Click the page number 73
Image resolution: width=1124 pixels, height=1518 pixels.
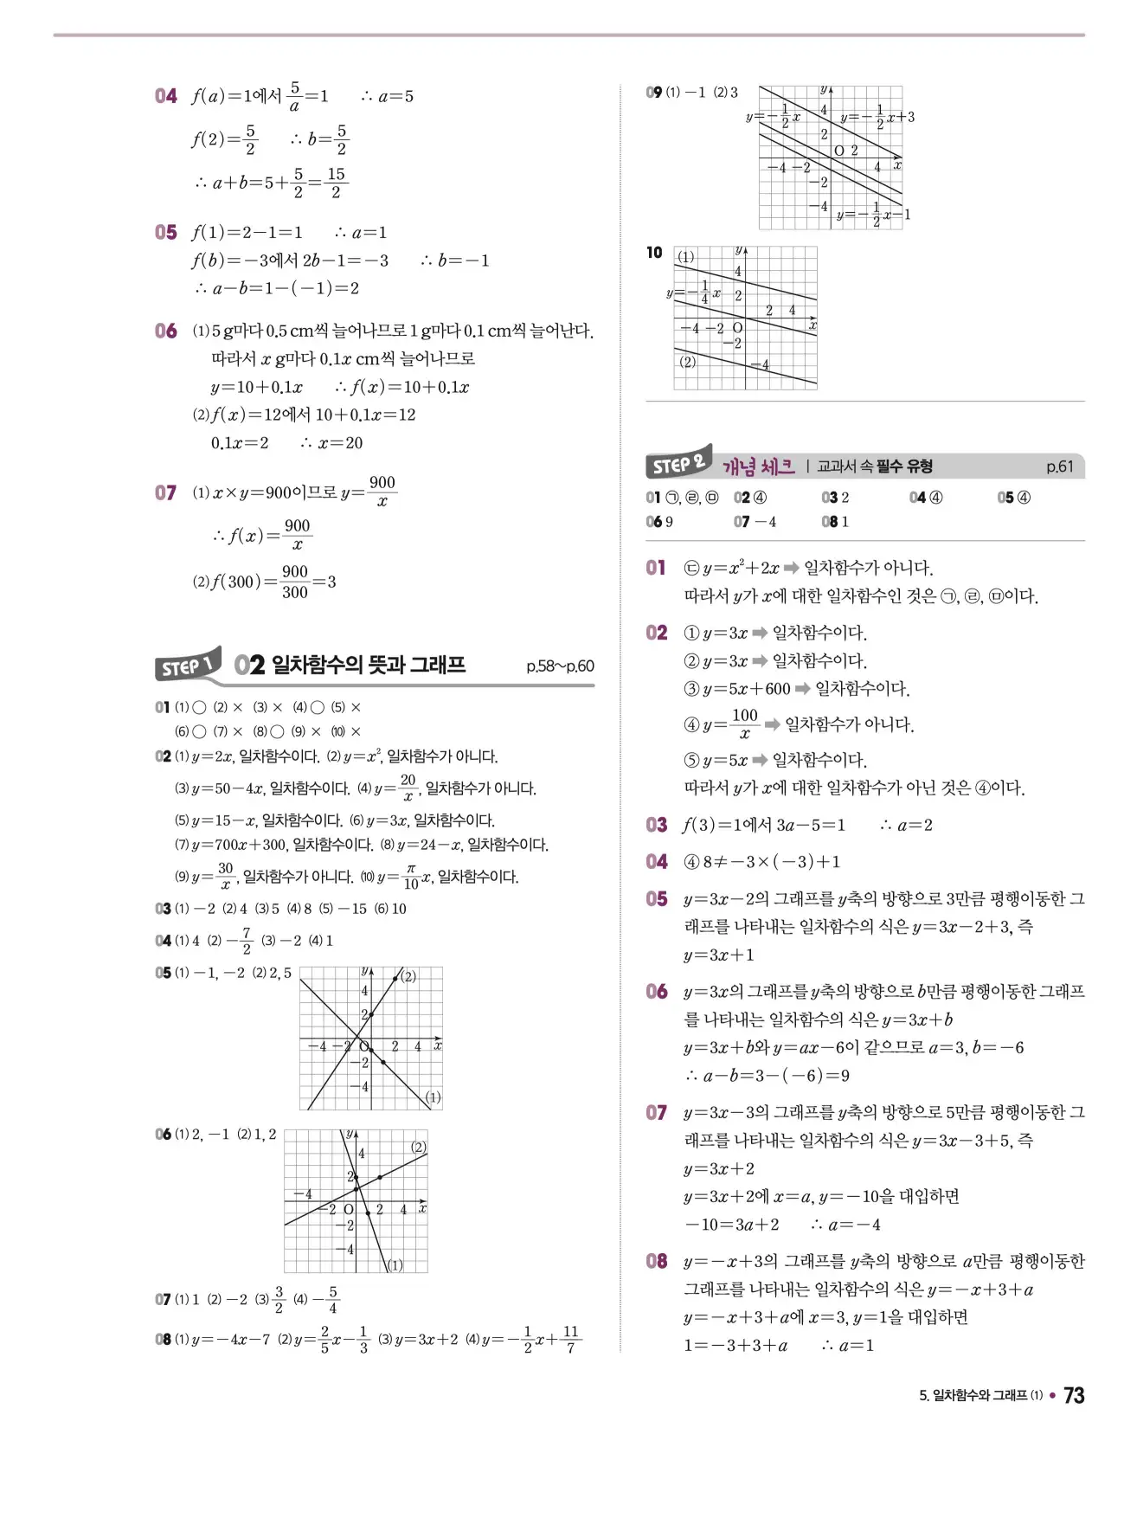click(x=1074, y=1395)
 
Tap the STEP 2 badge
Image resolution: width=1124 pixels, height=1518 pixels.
click(x=678, y=464)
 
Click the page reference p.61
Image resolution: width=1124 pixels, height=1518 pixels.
click(x=1059, y=466)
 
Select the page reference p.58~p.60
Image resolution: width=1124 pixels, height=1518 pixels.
click(x=560, y=666)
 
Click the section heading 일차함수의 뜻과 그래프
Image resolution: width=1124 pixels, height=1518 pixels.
click(x=369, y=665)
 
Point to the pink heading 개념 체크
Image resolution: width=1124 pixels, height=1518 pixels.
click(x=758, y=467)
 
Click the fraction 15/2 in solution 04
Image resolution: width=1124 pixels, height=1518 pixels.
click(x=336, y=183)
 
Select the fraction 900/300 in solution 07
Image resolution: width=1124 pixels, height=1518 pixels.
click(x=295, y=582)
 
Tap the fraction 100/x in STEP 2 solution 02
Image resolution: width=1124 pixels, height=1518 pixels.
click(x=744, y=724)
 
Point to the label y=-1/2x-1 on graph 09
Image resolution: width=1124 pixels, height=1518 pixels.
click(x=873, y=214)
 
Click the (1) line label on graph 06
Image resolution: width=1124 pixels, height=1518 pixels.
click(x=395, y=1264)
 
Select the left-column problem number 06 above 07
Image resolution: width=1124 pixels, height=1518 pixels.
click(x=166, y=331)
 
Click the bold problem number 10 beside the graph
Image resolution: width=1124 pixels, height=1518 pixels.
click(x=654, y=253)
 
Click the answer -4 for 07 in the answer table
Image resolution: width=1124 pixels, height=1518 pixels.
click(x=766, y=522)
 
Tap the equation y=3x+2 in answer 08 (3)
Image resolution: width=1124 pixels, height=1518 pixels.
click(x=426, y=1339)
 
